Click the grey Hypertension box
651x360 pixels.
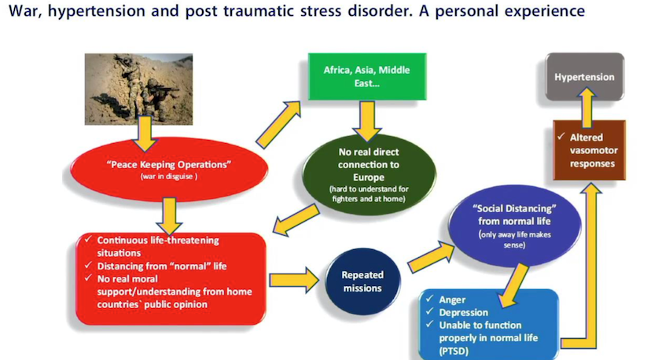[x=585, y=77]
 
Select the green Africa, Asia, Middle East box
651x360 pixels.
[x=367, y=76]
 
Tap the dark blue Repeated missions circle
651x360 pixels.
[x=362, y=281]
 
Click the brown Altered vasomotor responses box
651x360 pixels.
[x=589, y=150]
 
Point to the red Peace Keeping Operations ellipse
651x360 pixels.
[x=169, y=169]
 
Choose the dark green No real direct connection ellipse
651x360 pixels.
[x=369, y=174]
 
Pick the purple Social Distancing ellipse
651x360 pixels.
[x=514, y=227]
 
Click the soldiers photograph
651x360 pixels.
[x=138, y=89]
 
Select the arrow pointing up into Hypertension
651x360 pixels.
[x=587, y=107]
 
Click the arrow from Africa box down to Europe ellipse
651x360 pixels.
[x=367, y=121]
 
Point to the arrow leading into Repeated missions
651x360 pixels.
[x=294, y=281]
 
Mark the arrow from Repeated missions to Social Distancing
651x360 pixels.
[x=431, y=258]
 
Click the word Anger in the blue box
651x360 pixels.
[x=452, y=299]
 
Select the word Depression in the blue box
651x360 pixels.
[x=464, y=312]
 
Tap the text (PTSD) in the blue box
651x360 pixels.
[x=454, y=351]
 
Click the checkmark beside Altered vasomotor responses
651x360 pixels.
[x=561, y=136]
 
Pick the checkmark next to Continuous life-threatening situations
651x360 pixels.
[x=88, y=239]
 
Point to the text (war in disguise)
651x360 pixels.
[x=168, y=177]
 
